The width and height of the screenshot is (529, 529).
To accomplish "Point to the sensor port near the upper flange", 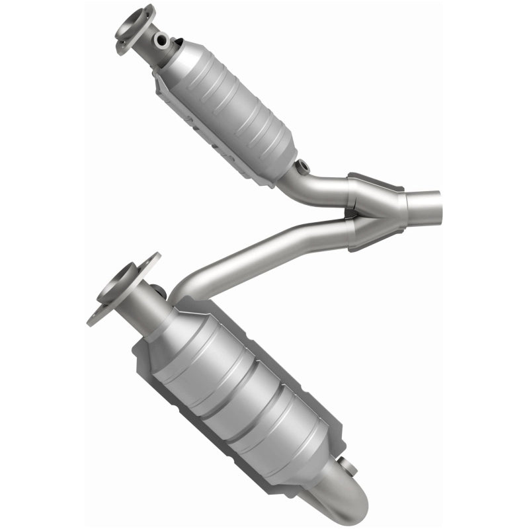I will point(161,41).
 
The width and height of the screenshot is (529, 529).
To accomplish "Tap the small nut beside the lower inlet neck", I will point(158,290).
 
